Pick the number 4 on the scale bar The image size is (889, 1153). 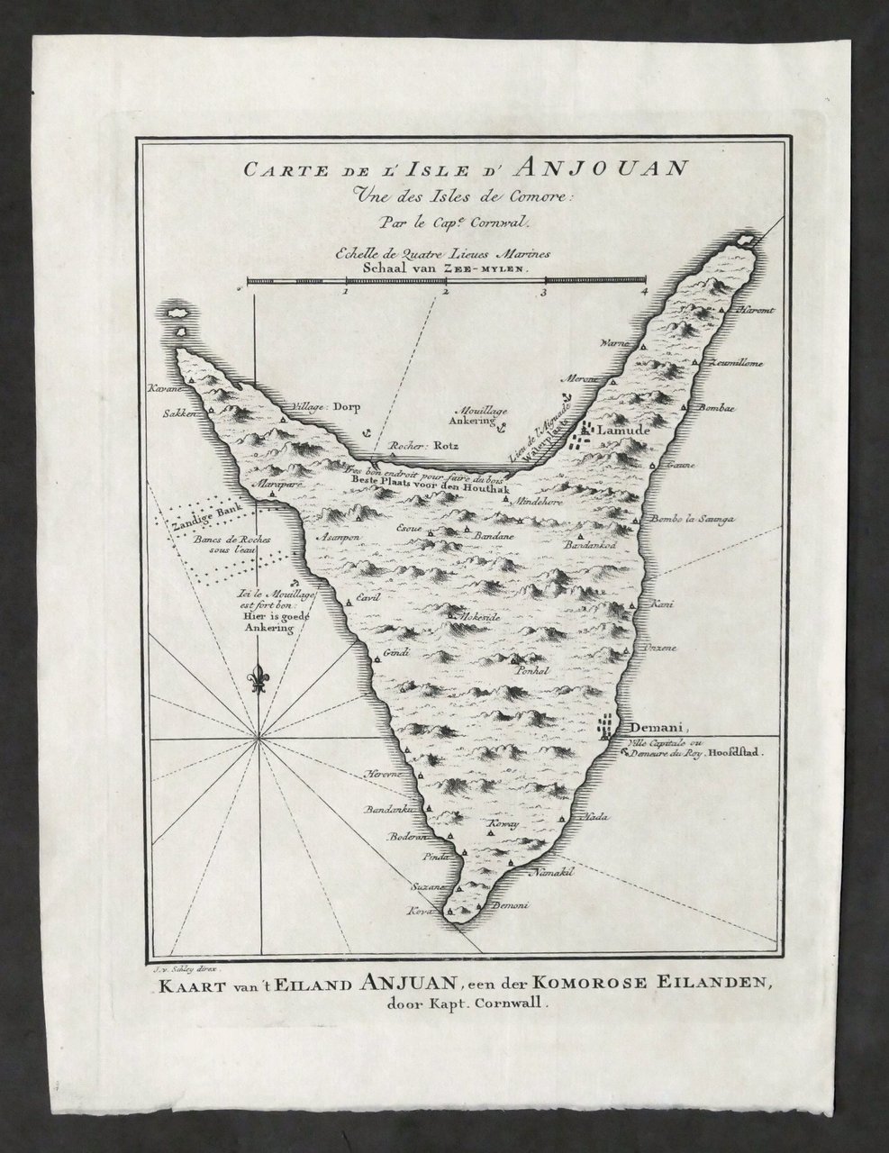[644, 291]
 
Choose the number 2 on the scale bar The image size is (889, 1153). [445, 291]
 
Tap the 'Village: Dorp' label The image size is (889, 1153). [322, 406]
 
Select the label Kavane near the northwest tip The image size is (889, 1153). [168, 388]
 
